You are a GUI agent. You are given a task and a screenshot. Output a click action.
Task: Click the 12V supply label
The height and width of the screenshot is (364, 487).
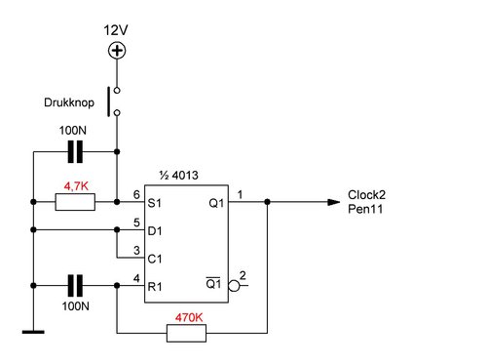pyautogui.click(x=116, y=30)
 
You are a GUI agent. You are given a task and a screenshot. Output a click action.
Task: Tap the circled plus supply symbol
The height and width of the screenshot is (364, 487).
pyautogui.click(x=117, y=51)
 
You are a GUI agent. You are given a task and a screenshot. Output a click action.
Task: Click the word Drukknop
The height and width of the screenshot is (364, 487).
pyautogui.click(x=69, y=102)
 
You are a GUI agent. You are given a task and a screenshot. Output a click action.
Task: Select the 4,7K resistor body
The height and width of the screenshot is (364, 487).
pyautogui.click(x=75, y=202)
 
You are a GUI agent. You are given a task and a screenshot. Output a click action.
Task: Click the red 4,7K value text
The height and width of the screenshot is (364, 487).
pyautogui.click(x=76, y=186)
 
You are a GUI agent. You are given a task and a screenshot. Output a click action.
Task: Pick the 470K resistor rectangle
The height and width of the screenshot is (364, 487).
pyautogui.click(x=186, y=333)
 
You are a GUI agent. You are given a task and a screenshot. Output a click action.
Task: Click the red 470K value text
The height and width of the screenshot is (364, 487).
pyautogui.click(x=189, y=317)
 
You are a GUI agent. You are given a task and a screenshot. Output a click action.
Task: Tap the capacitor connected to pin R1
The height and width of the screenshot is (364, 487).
pyautogui.click(x=75, y=286)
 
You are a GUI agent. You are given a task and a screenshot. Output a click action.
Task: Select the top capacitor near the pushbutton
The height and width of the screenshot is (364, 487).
pyautogui.click(x=75, y=151)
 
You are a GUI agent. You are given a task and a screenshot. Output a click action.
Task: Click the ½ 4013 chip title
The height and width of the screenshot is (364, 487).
pyautogui.click(x=179, y=176)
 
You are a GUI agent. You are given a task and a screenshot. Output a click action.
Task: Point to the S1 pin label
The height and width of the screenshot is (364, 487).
pyautogui.click(x=154, y=203)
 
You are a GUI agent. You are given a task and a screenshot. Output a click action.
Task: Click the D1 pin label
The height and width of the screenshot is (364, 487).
pyautogui.click(x=155, y=231)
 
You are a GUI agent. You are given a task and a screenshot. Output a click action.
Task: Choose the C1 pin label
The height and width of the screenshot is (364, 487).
pyautogui.click(x=155, y=260)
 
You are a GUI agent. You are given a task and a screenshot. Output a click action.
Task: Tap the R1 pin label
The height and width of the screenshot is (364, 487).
pyautogui.click(x=155, y=287)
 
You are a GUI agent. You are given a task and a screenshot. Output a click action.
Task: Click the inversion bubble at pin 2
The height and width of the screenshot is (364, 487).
pyautogui.click(x=234, y=286)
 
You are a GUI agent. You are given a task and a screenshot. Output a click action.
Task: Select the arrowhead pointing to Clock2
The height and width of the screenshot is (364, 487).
pyautogui.click(x=334, y=202)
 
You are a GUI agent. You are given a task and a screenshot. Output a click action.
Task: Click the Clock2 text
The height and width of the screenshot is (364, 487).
pyautogui.click(x=366, y=195)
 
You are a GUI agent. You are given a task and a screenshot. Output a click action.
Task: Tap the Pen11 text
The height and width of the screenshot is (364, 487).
pyautogui.click(x=365, y=209)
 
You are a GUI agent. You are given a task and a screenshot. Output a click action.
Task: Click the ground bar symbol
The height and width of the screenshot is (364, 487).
pyautogui.click(x=33, y=332)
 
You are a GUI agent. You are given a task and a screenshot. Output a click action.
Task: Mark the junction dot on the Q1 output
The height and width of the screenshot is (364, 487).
pyautogui.click(x=267, y=202)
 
